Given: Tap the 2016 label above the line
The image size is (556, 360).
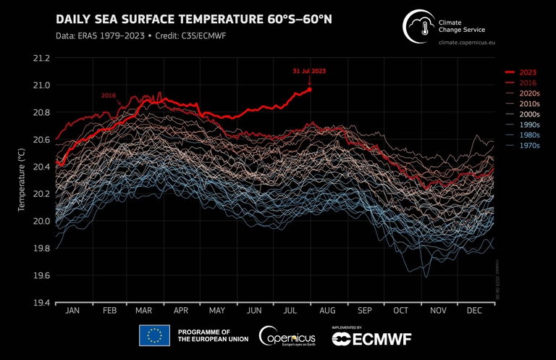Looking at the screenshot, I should [108, 96].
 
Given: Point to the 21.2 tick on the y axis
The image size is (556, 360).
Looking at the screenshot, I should [41, 58].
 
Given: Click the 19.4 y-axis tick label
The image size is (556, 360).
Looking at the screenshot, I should [41, 303].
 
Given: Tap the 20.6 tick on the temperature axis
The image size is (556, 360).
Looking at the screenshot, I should [41, 140].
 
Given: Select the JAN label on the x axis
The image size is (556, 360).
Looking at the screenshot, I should [72, 311].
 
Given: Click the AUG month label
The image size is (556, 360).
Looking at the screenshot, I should [327, 311].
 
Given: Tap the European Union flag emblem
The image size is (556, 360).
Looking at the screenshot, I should [154, 335].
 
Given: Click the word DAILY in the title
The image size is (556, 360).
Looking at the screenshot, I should [76, 18].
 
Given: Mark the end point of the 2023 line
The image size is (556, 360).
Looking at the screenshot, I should [311, 89].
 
